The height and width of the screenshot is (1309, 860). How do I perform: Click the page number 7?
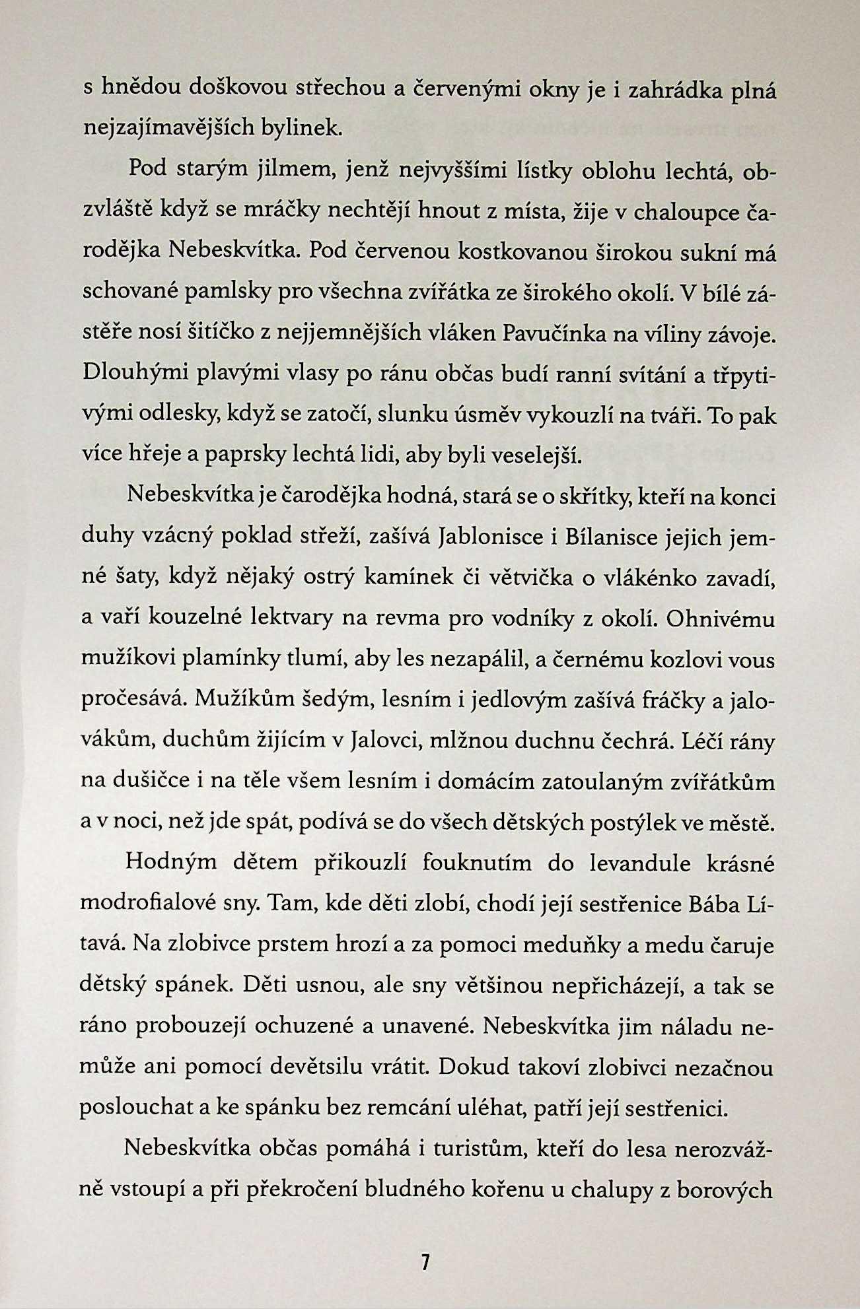[425, 1263]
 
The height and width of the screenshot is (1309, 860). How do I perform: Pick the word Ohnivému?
[721, 619]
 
